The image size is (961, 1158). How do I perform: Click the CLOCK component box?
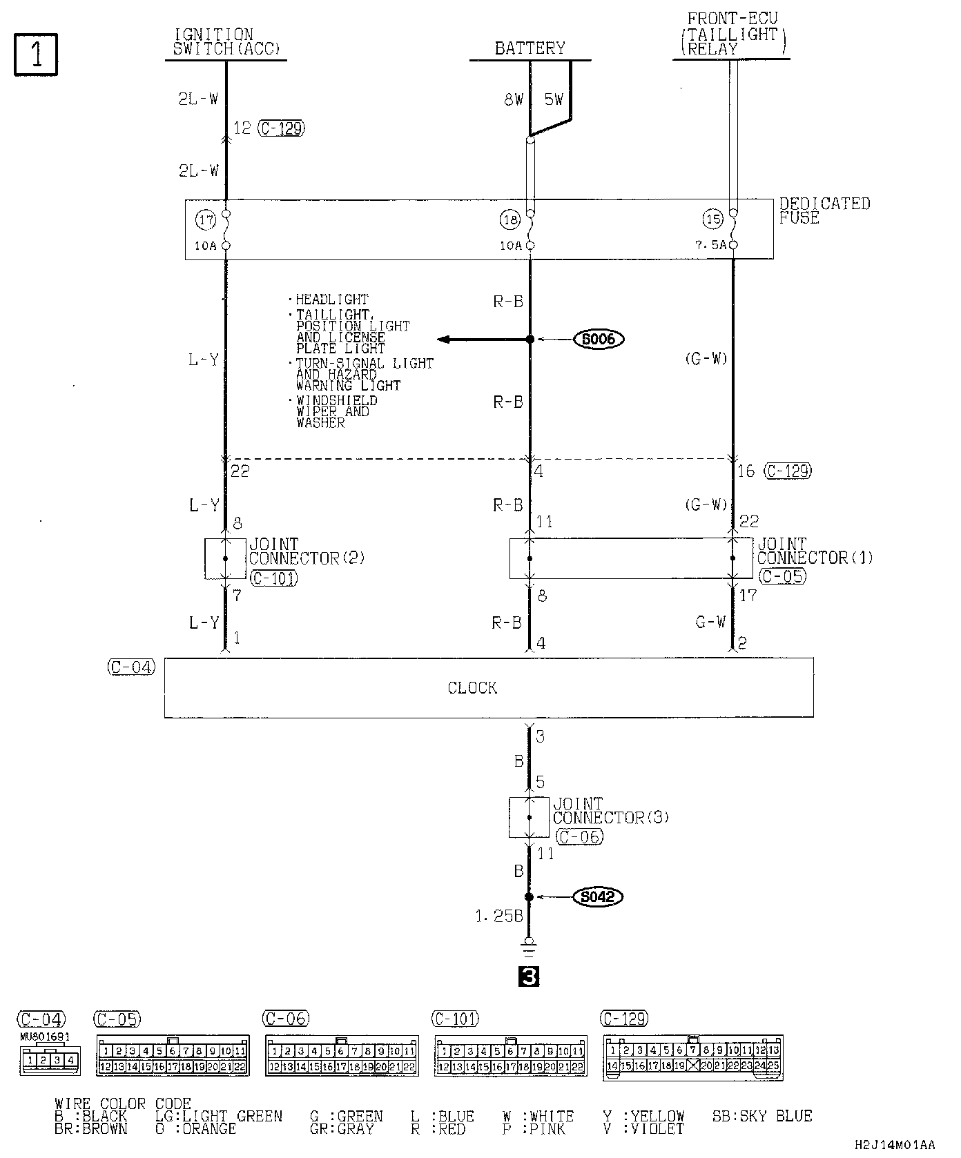point(488,687)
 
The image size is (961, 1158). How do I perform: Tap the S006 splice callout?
point(599,339)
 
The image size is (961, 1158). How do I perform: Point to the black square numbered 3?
point(530,977)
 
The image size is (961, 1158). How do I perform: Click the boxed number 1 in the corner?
point(35,55)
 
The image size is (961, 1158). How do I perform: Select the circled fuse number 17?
point(205,220)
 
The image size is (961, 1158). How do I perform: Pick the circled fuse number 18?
point(509,220)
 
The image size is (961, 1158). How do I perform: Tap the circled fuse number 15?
point(712,220)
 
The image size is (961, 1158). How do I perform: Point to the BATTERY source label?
point(530,48)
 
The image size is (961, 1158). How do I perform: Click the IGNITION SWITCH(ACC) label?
point(226,41)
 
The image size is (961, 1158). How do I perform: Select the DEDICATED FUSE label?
point(824,210)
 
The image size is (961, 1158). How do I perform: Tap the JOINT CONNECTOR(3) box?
point(530,817)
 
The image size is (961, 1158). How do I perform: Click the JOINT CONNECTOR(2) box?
point(225,558)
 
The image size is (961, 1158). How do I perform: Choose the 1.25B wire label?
point(499,916)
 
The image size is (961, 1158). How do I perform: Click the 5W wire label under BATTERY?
point(554,100)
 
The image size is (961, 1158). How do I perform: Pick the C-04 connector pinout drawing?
point(49,1059)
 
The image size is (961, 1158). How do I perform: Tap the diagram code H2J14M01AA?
point(895,1145)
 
